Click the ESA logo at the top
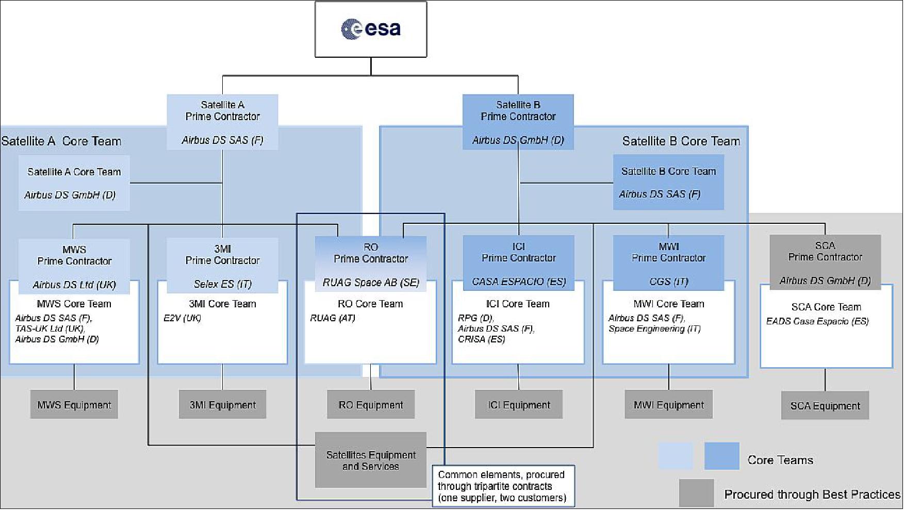(371, 28)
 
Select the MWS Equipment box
(74, 405)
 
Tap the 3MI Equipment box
(222, 405)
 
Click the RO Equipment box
(371, 405)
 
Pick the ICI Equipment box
(519, 405)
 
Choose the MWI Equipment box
(668, 405)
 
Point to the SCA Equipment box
(825, 406)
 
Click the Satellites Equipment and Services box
(371, 460)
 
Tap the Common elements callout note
(502, 486)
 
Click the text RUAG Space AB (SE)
(371, 283)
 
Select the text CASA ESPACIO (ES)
(519, 282)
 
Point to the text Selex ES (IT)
(222, 284)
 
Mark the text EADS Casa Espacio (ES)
(817, 321)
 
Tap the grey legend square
(696, 493)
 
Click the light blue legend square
(675, 456)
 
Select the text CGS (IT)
(668, 282)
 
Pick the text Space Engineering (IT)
(654, 328)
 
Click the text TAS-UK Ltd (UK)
(50, 328)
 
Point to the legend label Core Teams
(780, 460)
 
